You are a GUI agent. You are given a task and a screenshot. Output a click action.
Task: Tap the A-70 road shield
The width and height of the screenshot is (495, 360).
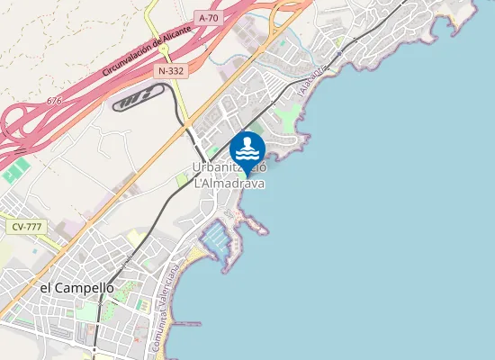coord(209,18)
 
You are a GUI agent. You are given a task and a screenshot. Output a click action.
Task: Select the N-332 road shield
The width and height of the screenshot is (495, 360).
coord(171,69)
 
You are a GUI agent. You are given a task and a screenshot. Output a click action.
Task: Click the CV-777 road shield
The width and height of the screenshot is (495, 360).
coord(27,227)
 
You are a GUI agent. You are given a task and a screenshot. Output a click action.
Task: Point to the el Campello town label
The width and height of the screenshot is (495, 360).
coord(77,288)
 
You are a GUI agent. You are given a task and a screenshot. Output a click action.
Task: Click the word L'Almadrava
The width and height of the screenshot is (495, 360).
coord(229,184)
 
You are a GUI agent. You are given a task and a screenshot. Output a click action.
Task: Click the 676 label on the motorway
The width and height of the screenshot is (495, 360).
coord(54,102)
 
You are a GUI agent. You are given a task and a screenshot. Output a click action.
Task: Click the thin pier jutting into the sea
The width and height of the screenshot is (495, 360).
coord(187,323)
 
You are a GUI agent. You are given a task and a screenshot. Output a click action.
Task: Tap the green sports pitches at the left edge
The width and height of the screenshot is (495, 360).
coord(13,172)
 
